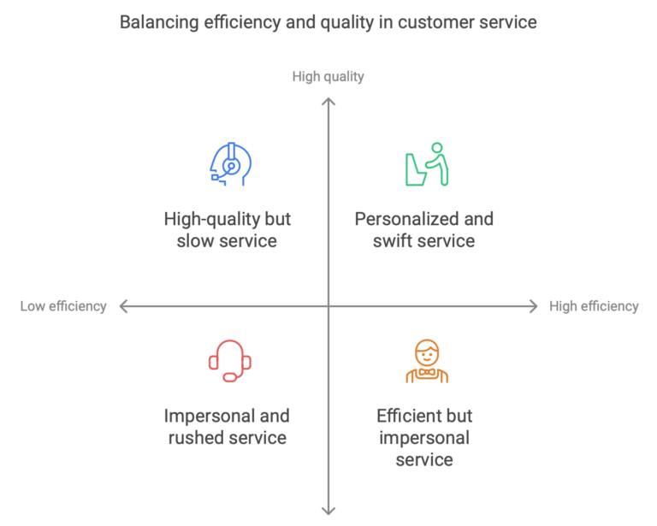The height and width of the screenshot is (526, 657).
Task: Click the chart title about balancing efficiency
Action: tap(328, 22)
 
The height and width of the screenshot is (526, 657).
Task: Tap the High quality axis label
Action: tap(328, 77)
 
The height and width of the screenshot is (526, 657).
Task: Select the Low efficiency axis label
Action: tap(63, 306)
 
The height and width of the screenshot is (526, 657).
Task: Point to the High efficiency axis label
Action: tap(594, 306)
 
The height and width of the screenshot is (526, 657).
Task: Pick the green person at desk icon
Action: tap(426, 164)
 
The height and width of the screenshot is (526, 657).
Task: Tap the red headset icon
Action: tap(230, 361)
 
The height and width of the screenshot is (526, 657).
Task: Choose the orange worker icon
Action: tap(426, 361)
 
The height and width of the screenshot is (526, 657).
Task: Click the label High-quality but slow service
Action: tap(227, 230)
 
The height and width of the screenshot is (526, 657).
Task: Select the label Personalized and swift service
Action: tap(424, 230)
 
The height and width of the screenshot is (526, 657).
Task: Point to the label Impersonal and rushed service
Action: tap(227, 427)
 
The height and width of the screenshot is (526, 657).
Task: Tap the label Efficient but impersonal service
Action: tap(424, 438)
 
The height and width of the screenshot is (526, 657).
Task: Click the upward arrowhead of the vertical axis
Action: tap(328, 100)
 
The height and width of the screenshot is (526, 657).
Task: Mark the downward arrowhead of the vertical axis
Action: tap(328, 511)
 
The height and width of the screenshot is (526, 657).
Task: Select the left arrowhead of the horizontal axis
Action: tap(123, 306)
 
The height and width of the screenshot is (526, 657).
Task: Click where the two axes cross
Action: tap(328, 306)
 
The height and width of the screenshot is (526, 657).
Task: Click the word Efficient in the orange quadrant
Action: tap(409, 417)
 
